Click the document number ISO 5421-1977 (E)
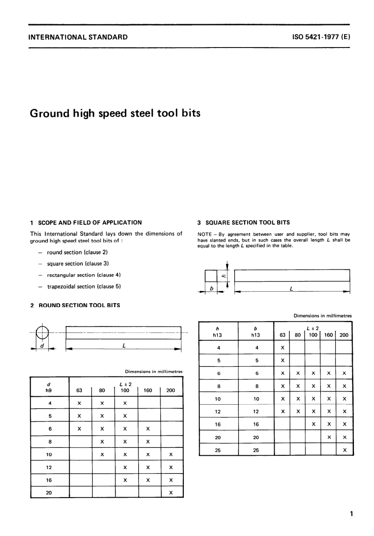pyautogui.click(x=321, y=37)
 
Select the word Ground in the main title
pyautogui.click(x=49, y=113)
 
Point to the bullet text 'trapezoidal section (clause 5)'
pyautogui.click(x=84, y=287)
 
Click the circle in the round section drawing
pyautogui.click(x=42, y=333)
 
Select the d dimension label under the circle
pyautogui.click(x=42, y=346)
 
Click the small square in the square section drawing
pyautogui.click(x=211, y=276)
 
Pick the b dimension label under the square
pyautogui.click(x=211, y=289)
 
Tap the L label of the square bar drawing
pyautogui.click(x=291, y=289)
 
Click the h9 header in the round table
pyautogui.click(x=49, y=390)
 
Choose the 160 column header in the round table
pyautogui.click(x=148, y=390)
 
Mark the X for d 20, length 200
pyautogui.click(x=171, y=493)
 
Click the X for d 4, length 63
pyautogui.click(x=80, y=403)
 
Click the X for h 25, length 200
pyautogui.click(x=344, y=450)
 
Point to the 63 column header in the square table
pyautogui.click(x=282, y=335)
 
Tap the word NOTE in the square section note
pyautogui.click(x=204, y=234)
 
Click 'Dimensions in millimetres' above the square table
pyautogui.click(x=322, y=316)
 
